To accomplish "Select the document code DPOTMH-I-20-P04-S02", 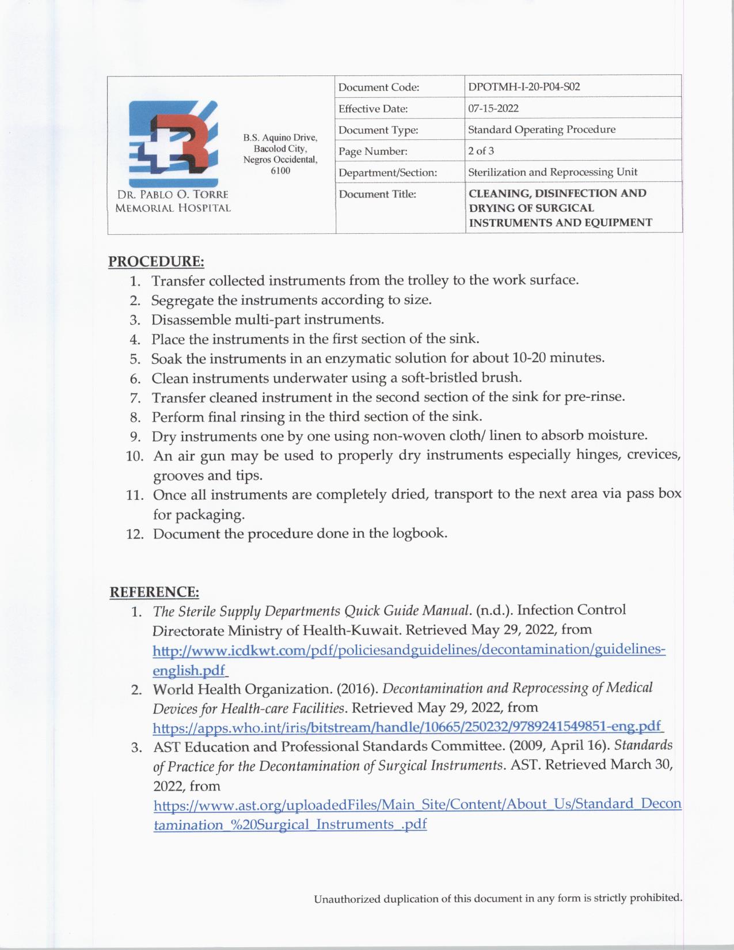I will point(524,87).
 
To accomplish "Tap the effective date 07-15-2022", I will point(493,108).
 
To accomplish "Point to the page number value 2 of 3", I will point(481,151).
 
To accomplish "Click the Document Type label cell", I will point(378,130).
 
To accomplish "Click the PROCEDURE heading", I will point(156,261).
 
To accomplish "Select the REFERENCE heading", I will point(154,592).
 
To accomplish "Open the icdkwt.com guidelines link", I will point(409,650).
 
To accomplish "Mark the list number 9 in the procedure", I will point(139,436).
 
